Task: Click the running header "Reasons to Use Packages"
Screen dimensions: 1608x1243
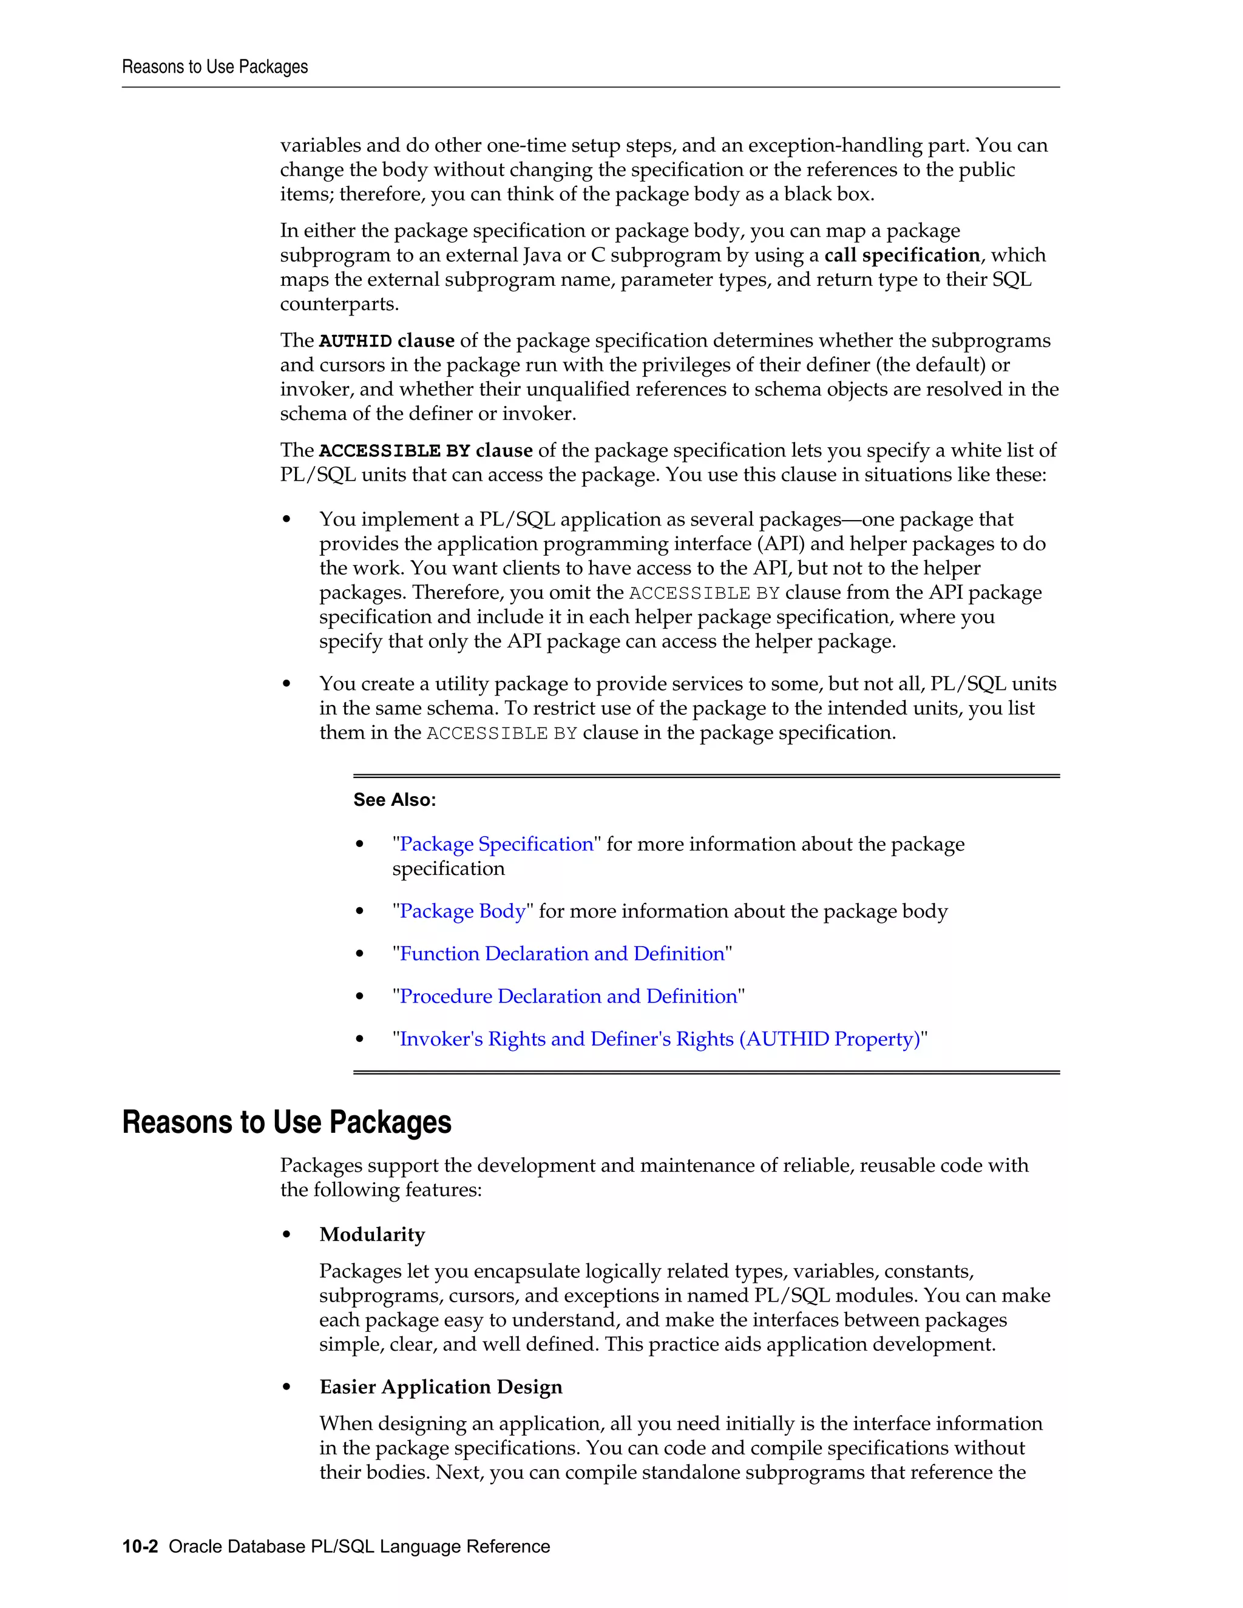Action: click(x=214, y=67)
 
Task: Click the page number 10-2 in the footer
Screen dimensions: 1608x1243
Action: click(x=140, y=1546)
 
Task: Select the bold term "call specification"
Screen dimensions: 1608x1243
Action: click(x=902, y=255)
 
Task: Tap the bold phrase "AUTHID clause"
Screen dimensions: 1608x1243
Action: click(x=387, y=340)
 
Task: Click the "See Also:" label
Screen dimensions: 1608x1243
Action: click(x=395, y=800)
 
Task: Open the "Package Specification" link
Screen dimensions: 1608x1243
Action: click(x=496, y=844)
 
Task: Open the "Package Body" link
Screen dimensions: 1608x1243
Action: click(x=462, y=911)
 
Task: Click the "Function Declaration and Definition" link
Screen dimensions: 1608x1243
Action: click(x=562, y=953)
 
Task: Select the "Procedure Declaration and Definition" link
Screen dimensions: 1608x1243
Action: click(x=567, y=996)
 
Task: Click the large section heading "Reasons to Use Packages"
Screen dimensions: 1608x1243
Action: click(x=286, y=1122)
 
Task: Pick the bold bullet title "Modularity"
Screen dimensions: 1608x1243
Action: click(x=372, y=1234)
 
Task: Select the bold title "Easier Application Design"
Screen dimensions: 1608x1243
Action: click(x=441, y=1387)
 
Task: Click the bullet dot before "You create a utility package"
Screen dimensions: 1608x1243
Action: click(x=286, y=684)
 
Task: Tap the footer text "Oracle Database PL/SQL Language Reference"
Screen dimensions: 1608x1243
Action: click(x=359, y=1546)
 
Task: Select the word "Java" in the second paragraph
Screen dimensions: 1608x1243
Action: click(x=543, y=255)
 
